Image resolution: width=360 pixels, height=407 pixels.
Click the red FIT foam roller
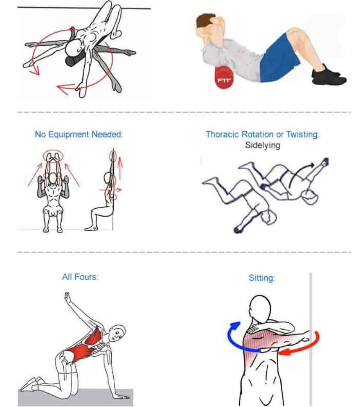224,78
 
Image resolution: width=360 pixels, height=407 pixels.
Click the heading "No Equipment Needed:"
79,135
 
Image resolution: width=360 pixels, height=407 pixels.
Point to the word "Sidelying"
263,145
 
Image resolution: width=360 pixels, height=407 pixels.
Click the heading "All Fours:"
80,277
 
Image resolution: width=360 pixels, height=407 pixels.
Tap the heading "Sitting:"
262,278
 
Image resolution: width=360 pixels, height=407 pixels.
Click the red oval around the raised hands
53,156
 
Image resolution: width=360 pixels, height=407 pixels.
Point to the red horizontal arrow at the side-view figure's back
110,190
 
